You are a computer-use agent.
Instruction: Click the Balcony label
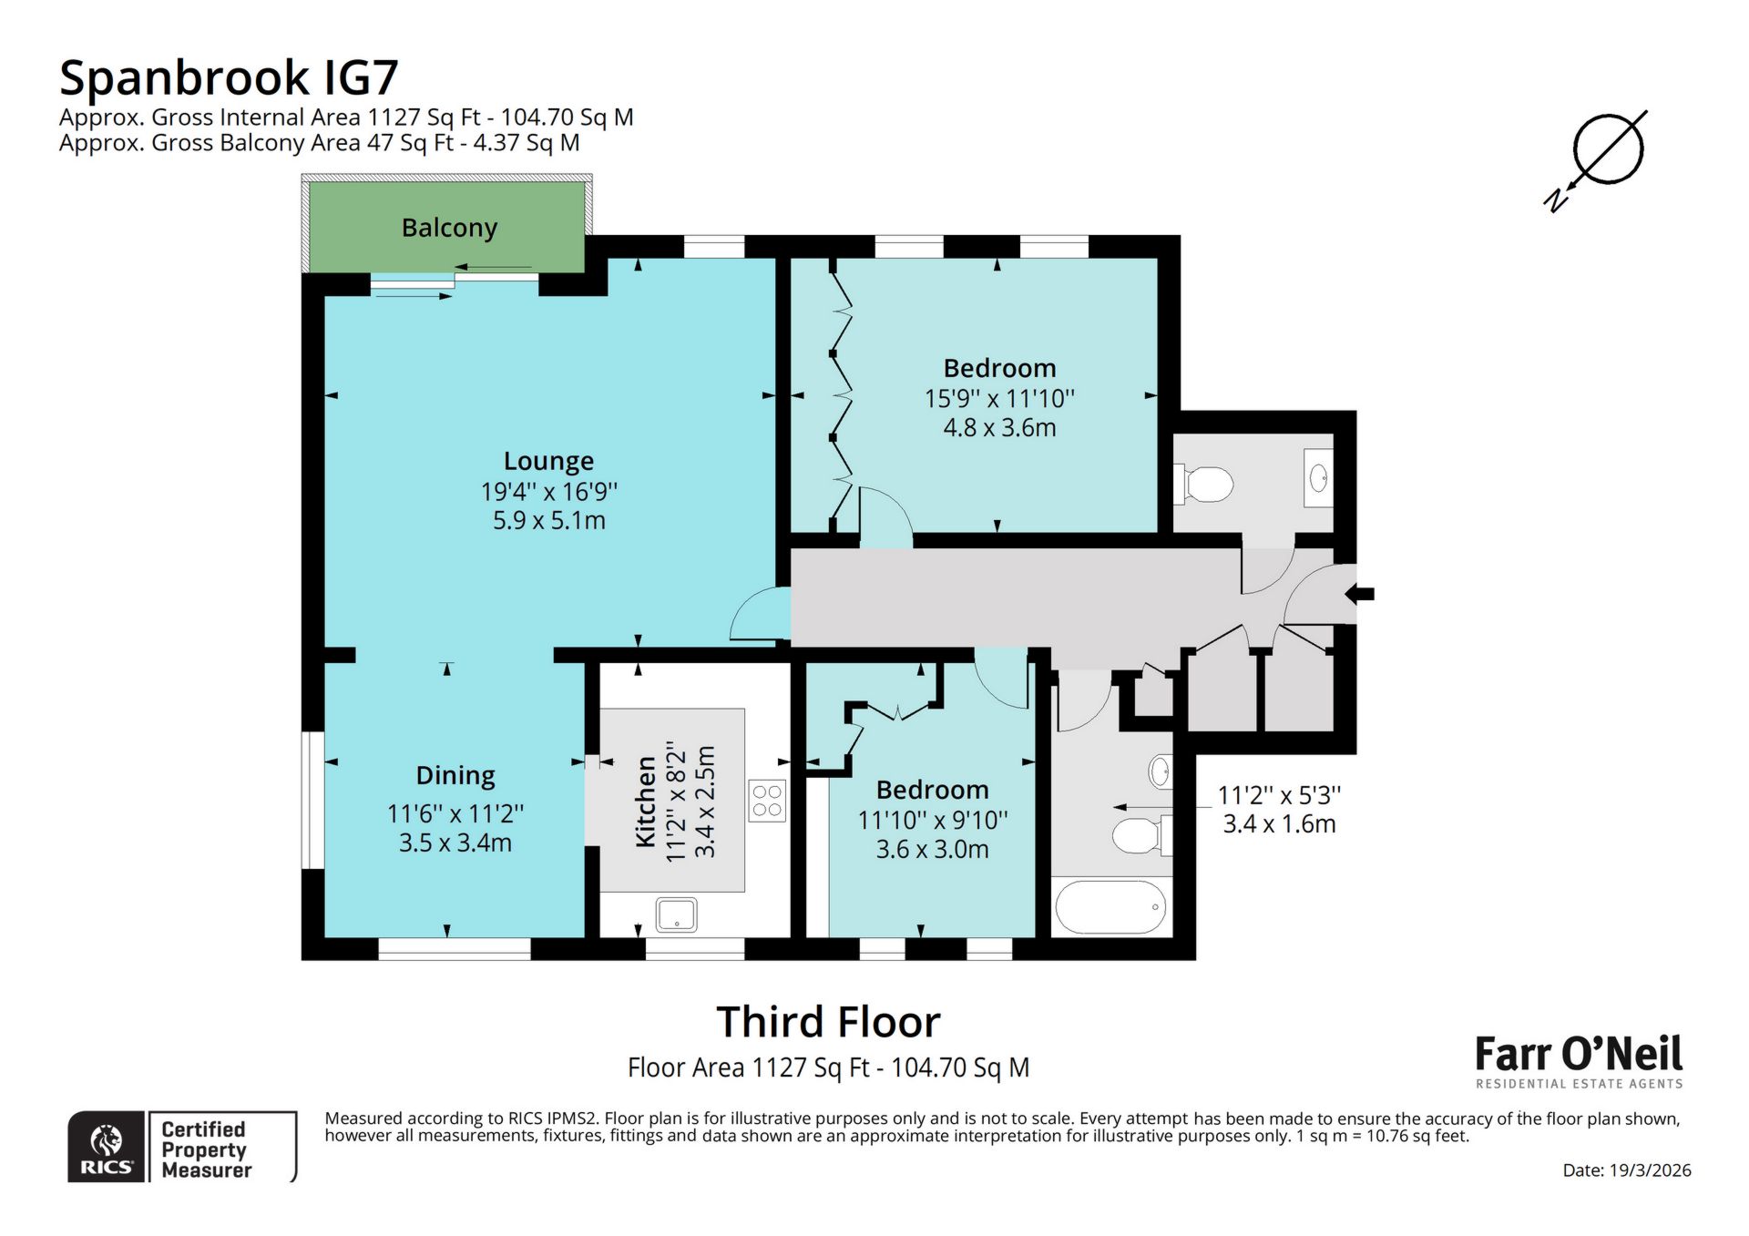449,228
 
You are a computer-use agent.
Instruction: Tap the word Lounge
548,461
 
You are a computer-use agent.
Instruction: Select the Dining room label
455,775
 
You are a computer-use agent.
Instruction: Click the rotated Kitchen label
646,802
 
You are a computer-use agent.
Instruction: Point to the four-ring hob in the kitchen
767,801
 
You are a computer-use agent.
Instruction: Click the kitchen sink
676,914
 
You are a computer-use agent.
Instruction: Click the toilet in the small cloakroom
1204,484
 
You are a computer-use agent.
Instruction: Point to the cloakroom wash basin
1318,477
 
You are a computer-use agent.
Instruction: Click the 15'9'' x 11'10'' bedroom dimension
999,399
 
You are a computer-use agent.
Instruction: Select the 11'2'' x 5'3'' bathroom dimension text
1279,795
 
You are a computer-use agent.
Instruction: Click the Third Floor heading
827,1022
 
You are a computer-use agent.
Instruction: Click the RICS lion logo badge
107,1147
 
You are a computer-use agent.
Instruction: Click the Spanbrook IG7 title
229,78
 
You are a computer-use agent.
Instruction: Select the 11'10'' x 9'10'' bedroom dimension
932,820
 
